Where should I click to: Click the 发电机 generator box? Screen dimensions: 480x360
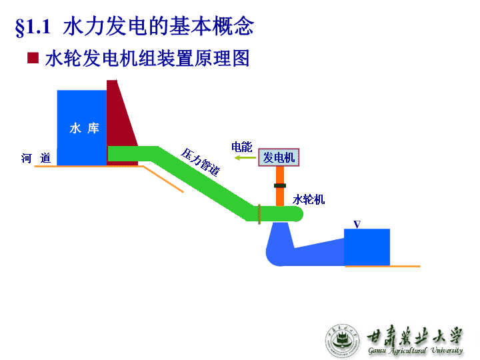click(279, 157)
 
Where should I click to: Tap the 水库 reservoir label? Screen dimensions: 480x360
click(84, 128)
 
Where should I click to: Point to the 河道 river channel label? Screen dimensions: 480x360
click(36, 158)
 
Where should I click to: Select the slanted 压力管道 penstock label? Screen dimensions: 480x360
click(201, 162)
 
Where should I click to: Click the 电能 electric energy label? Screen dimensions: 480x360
click(241, 147)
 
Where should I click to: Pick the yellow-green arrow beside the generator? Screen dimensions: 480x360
click(245, 157)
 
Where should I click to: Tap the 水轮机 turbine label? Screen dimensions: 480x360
click(308, 199)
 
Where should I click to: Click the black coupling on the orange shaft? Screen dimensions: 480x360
click(280, 185)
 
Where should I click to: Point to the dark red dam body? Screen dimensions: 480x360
click(121, 123)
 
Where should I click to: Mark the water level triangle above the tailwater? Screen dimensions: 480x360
click(357, 225)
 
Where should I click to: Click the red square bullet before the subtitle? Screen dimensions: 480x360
click(33, 58)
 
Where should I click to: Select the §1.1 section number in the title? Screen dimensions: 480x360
click(33, 27)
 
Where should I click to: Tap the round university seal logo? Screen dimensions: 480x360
click(342, 341)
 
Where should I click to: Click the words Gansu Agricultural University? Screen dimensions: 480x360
click(415, 351)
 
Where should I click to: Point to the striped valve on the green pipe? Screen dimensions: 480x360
click(259, 214)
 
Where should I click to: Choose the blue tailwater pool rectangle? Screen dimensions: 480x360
click(367, 247)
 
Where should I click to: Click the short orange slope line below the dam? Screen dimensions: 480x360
click(163, 179)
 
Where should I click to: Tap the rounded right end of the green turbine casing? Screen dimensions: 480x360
click(299, 214)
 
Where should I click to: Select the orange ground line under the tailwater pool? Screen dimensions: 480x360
click(383, 266)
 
